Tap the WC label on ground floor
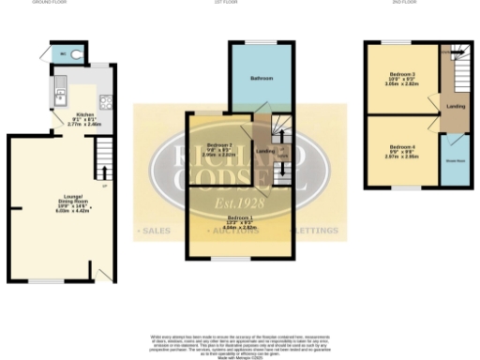[x=64, y=54]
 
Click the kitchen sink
[x=57, y=93]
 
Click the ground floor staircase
[x=103, y=159]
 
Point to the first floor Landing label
[x=265, y=151]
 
